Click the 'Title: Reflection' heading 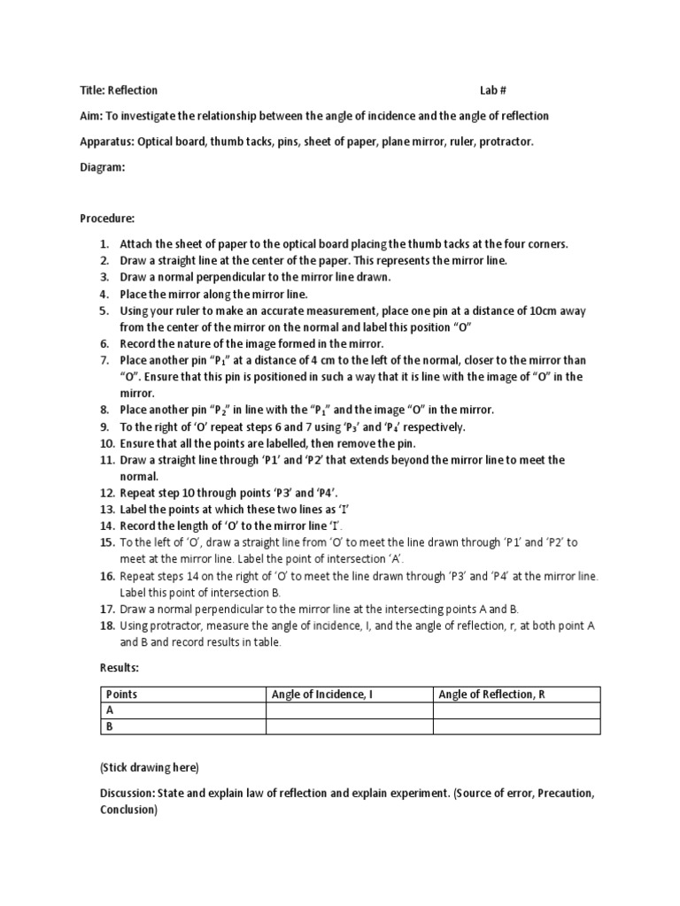(x=119, y=90)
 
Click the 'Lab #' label (x=494, y=90)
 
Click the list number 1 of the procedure (x=104, y=243)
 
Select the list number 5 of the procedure (x=104, y=311)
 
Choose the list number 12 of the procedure (x=105, y=493)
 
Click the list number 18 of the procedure (x=105, y=626)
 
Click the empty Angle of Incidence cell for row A (x=349, y=710)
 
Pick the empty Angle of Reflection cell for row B (x=516, y=726)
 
